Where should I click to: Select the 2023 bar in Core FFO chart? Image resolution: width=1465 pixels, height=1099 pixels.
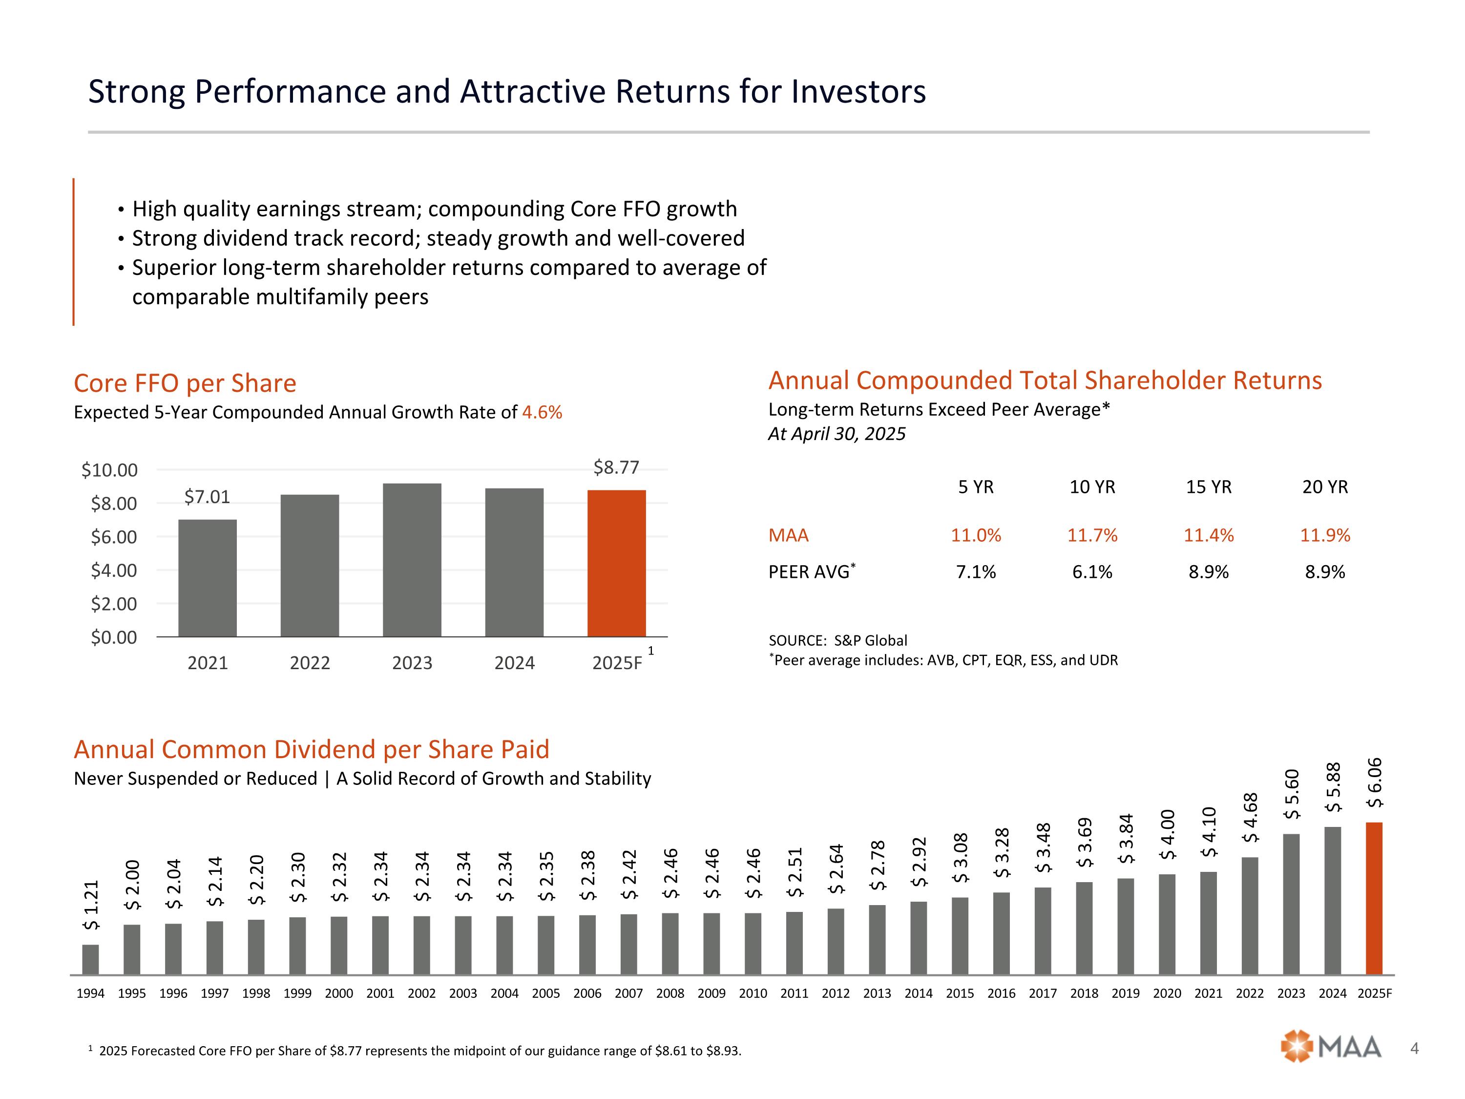click(x=412, y=560)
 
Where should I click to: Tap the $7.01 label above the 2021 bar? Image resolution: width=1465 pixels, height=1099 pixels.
click(x=207, y=497)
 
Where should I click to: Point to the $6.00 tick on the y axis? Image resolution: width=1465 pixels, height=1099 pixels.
click(x=114, y=537)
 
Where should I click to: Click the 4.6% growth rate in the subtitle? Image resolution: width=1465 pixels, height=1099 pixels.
click(x=542, y=413)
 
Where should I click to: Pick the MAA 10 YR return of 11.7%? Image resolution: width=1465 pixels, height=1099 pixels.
click(x=1092, y=535)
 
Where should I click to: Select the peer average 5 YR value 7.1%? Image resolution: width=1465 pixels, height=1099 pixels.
click(x=976, y=571)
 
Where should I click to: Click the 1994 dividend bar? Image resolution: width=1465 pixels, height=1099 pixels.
click(x=91, y=959)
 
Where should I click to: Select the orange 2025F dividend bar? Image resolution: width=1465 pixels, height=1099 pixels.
click(x=1374, y=898)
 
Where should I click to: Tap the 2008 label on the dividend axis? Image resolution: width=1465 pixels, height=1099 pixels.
click(x=670, y=993)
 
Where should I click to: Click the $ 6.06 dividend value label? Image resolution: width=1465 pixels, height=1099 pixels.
click(x=1374, y=782)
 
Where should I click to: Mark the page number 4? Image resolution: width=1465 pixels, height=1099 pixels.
click(x=1415, y=1049)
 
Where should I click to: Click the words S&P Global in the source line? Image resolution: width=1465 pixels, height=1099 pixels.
click(x=870, y=640)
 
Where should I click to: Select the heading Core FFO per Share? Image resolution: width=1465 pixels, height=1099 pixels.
click(x=185, y=383)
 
